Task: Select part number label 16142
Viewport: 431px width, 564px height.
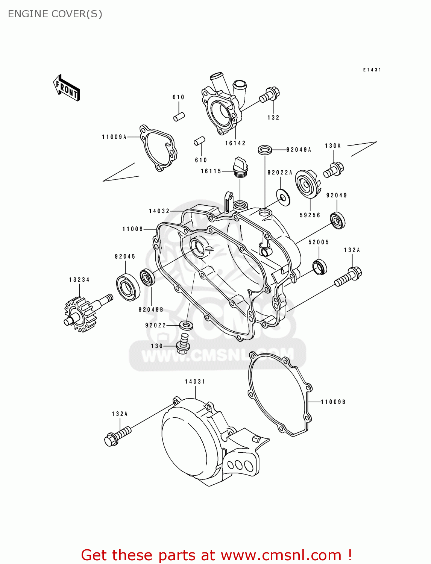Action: point(235,143)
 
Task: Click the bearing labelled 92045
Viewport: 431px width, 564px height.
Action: point(127,288)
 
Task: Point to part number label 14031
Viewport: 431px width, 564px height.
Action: point(195,382)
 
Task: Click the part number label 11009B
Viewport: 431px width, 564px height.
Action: point(333,402)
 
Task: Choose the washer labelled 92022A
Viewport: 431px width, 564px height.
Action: point(283,197)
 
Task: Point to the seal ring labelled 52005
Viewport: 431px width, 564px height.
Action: point(320,267)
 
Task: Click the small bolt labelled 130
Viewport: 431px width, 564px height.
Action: point(183,343)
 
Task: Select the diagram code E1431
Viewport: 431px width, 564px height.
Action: point(372,70)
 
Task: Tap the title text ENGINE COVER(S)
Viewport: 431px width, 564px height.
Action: point(55,14)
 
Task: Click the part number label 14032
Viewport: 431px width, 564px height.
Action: point(159,211)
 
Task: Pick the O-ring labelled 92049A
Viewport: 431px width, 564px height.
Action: point(265,150)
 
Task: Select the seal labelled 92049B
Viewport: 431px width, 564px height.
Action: point(147,277)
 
